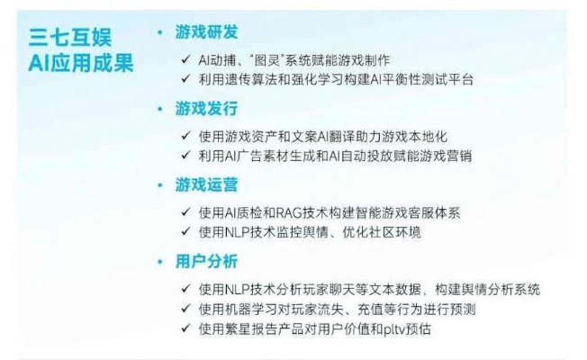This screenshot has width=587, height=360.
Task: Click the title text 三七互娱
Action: pyautogui.click(x=80, y=38)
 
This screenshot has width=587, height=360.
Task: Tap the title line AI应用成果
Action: pyautogui.click(x=80, y=64)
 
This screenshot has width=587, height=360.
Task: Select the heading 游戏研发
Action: pyautogui.click(x=206, y=32)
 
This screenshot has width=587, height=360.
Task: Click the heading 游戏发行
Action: pyautogui.click(x=206, y=109)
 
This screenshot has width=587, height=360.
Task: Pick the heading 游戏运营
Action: pyautogui.click(x=206, y=185)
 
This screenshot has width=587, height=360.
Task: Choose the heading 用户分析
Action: pyautogui.click(x=206, y=262)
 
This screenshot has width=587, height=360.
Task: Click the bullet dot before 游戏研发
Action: pyautogui.click(x=160, y=32)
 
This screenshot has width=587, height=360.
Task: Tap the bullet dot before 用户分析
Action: pyautogui.click(x=160, y=262)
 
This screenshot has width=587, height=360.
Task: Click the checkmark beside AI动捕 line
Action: pyautogui.click(x=185, y=59)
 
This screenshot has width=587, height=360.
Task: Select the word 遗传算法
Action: pyautogui.click(x=257, y=79)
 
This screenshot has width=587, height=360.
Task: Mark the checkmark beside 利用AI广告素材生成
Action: pyautogui.click(x=185, y=156)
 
